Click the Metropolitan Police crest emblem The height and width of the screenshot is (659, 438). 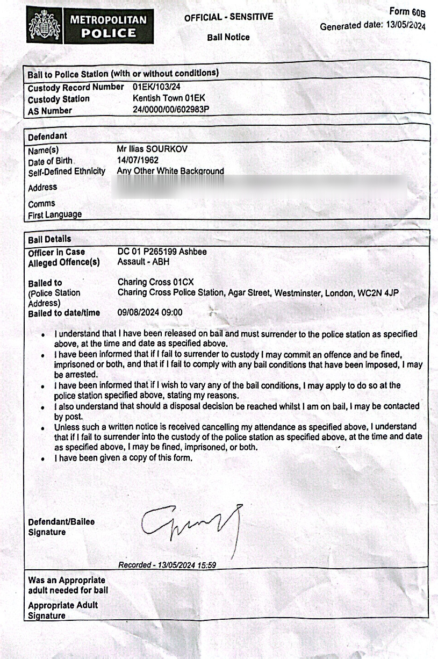45,24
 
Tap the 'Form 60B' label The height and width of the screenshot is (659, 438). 407,12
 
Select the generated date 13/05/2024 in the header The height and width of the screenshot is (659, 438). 406,26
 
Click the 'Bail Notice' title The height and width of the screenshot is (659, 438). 228,37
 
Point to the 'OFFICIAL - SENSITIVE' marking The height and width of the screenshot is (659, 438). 228,17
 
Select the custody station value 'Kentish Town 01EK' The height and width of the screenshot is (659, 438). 169,98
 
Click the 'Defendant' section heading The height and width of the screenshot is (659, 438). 47,137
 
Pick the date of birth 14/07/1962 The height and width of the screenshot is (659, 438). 138,160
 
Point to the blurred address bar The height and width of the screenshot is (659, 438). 258,186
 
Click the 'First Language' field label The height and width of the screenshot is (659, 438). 55,214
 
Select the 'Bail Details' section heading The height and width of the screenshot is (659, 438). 49,239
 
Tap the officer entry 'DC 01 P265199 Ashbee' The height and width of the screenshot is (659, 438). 162,252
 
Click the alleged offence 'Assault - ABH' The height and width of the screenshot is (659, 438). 143,262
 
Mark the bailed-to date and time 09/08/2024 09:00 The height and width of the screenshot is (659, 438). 150,312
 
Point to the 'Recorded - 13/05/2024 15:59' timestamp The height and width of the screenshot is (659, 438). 167,565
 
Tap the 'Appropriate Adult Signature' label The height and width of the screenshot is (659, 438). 63,610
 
